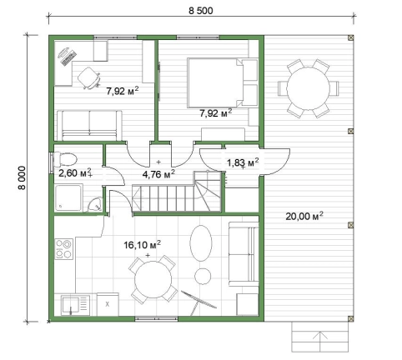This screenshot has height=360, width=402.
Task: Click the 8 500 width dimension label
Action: click(x=201, y=11)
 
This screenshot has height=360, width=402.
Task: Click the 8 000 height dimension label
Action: click(x=22, y=177)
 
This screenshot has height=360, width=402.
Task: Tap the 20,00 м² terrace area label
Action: click(x=304, y=216)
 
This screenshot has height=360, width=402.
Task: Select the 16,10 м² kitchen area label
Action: click(x=142, y=245)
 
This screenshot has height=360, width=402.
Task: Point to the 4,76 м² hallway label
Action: click(x=158, y=174)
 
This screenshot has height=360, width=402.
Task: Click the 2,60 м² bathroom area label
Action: click(x=75, y=172)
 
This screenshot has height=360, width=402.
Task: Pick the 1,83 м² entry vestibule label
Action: click(x=243, y=162)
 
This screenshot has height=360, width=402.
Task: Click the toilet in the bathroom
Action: click(x=65, y=159)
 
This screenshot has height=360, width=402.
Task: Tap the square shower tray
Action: click(x=68, y=197)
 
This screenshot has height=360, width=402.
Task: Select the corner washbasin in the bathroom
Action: click(x=95, y=205)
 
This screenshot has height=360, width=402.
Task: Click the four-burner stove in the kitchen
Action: click(x=63, y=249)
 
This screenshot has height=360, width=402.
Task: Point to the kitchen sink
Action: click(x=76, y=305)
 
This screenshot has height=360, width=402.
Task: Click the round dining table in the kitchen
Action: click(x=153, y=279)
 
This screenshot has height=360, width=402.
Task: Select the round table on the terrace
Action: click(x=308, y=88)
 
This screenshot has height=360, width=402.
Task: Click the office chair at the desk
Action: click(x=88, y=77)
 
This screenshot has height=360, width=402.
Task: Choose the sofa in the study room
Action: click(x=89, y=126)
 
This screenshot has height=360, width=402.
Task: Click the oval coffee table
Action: click(x=201, y=242)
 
